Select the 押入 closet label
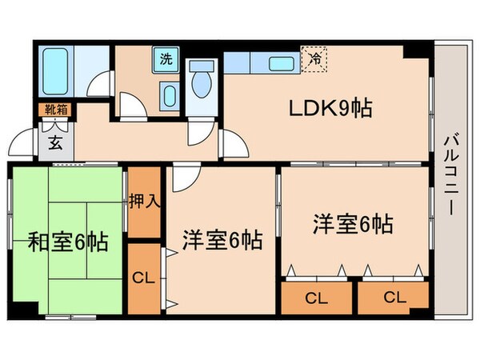[x=144, y=201]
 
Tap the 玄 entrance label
[x=56, y=144]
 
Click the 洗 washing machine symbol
[x=166, y=58]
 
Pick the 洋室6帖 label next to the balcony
[x=352, y=222]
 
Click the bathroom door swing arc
[x=98, y=83]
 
